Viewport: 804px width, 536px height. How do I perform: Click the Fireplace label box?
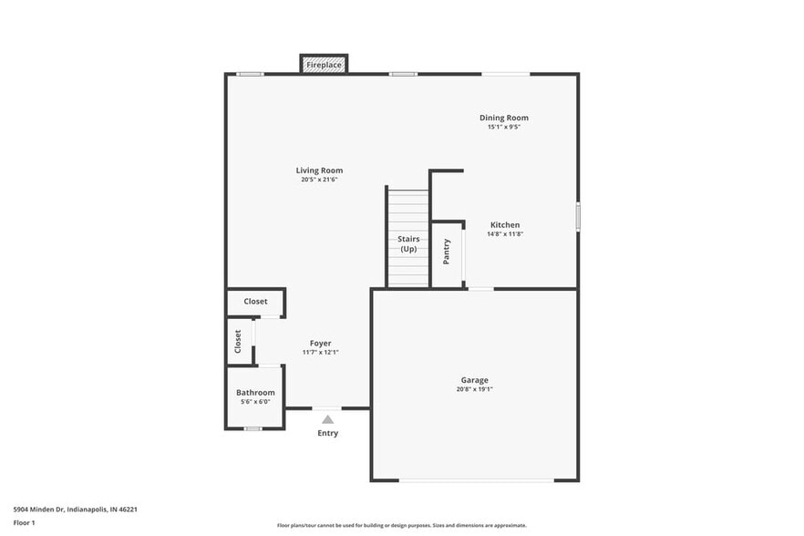click(324, 65)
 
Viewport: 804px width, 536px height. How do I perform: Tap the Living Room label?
click(319, 170)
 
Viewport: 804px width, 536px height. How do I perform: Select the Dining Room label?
click(504, 118)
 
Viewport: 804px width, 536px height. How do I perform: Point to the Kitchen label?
click(505, 225)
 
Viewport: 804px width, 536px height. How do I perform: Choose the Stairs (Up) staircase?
click(407, 239)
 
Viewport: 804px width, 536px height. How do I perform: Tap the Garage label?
click(474, 380)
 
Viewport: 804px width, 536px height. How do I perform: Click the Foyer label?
click(320, 344)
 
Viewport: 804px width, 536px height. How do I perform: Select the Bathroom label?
click(255, 393)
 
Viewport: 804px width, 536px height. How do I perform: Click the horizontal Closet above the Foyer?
click(255, 302)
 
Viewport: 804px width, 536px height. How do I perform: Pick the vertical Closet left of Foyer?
click(239, 341)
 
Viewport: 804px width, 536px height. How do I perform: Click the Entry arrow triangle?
click(327, 419)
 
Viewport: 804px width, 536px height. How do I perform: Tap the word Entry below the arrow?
click(327, 433)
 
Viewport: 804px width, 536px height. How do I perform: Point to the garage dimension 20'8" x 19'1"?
click(474, 389)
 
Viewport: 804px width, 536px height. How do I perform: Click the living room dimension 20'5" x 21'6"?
click(319, 180)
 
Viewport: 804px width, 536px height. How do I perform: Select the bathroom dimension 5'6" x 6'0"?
click(255, 402)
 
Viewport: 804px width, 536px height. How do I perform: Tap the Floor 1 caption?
click(24, 522)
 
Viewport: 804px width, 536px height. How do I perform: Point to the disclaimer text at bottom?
click(401, 525)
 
